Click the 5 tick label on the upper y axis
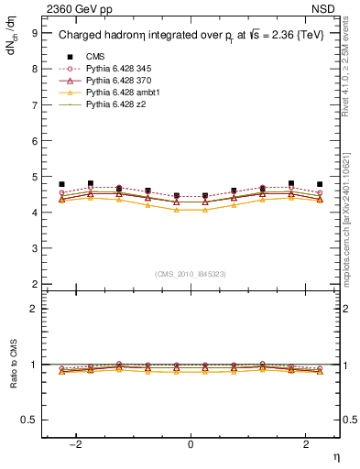click(x=34, y=177)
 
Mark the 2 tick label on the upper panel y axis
click(x=34, y=285)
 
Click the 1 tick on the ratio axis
click(x=34, y=365)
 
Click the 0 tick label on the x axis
click(x=191, y=444)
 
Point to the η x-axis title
click(x=335, y=457)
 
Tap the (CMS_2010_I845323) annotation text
click(x=191, y=274)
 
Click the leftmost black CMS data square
click(x=61, y=184)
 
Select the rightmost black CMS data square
click(x=320, y=184)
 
